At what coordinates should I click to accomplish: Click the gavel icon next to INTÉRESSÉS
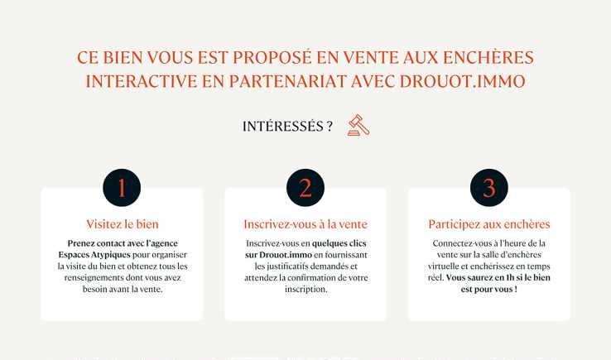[x=358, y=125]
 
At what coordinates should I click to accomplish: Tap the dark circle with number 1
[x=122, y=187]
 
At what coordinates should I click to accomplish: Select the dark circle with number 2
[x=305, y=187]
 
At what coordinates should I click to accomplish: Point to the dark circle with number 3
[x=489, y=187]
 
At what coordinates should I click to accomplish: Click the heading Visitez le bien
[x=123, y=224]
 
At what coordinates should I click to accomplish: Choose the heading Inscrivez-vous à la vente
[x=305, y=224]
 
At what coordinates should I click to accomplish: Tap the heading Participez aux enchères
[x=489, y=224]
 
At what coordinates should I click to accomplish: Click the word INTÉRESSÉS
[x=283, y=127]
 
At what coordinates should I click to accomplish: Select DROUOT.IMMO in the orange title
[x=463, y=81]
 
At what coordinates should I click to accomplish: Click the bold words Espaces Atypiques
[x=94, y=255]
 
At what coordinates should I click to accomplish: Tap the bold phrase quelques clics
[x=339, y=243]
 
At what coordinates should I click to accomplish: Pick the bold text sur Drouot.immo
[x=279, y=255]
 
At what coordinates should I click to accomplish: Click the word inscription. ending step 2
[x=305, y=290]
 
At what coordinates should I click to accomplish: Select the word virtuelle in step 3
[x=444, y=266]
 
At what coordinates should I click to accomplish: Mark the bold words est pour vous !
[x=489, y=290]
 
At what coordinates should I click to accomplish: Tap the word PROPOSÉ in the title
[x=272, y=58]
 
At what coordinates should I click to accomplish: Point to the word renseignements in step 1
[x=94, y=278]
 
